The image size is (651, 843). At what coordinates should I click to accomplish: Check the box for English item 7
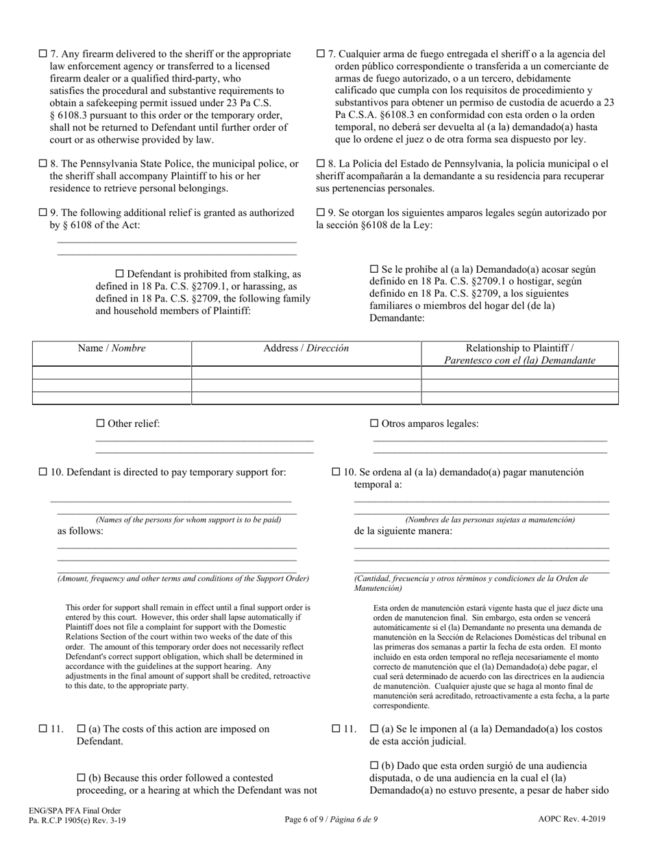43,53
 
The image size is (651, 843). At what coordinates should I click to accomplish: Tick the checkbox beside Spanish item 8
321,164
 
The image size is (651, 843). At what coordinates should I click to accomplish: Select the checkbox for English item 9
43,212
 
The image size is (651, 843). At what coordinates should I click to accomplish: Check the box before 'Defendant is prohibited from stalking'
121,273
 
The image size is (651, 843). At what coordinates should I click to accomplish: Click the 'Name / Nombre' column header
112,348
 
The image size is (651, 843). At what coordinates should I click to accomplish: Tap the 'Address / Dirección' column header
306,348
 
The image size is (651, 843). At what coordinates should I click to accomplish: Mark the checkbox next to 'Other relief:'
101,424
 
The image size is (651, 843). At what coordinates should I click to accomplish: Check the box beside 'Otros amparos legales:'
374,424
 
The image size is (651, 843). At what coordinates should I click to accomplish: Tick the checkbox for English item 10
43,472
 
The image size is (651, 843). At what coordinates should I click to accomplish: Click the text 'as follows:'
80,531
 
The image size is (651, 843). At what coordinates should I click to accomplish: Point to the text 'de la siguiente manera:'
403,531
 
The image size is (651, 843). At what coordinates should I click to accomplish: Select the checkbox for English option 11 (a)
82,729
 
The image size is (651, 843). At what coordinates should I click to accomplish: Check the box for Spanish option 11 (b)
374,766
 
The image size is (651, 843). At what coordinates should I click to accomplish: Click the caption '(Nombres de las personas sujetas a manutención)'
489,520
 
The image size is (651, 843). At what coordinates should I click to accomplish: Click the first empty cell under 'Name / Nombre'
112,372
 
